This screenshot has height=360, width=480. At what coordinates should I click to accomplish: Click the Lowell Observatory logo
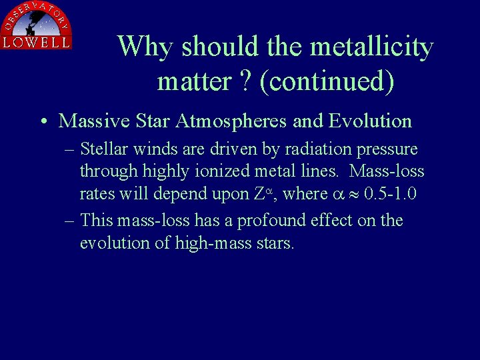37,25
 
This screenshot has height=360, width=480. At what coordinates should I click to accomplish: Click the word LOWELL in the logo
37,43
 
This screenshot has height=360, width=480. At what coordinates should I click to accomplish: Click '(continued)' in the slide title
327,81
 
